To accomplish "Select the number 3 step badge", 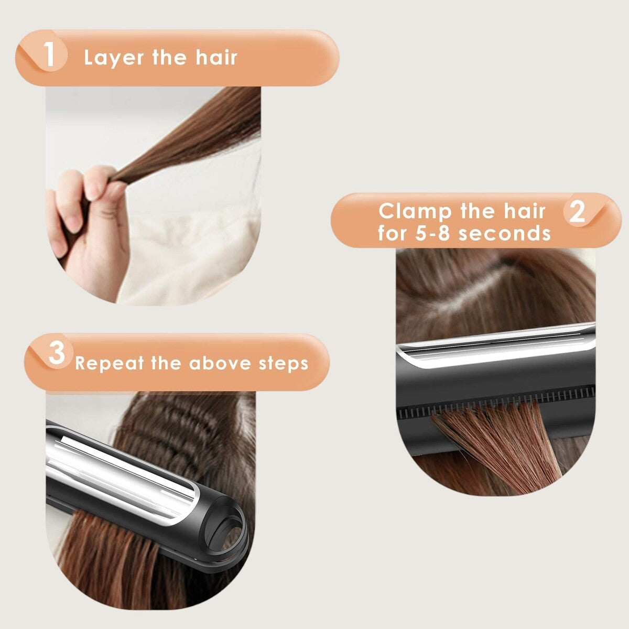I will click(x=56, y=354).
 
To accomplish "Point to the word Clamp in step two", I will click(x=415, y=212).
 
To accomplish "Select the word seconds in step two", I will click(x=504, y=233).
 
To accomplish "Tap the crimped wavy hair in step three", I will click(x=173, y=435).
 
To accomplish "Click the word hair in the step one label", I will click(x=216, y=57).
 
